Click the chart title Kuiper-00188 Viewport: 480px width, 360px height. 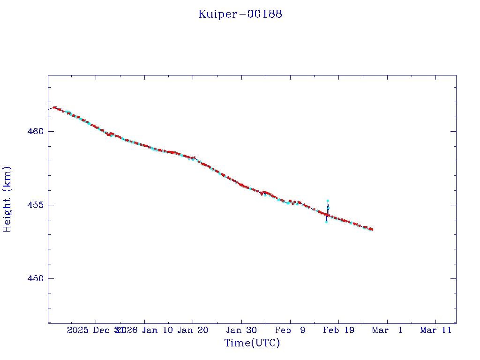tap(240, 14)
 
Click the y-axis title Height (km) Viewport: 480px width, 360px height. tap(7, 199)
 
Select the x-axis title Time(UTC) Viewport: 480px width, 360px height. tap(252, 343)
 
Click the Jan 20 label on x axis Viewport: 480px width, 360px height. tap(193, 330)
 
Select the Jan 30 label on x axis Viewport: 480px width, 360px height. tap(241, 330)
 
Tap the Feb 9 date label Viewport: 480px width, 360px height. tap(290, 330)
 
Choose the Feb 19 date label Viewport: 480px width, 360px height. tap(338, 330)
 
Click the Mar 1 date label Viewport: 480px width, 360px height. tap(387, 330)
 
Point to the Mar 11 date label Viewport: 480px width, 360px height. tap(435, 330)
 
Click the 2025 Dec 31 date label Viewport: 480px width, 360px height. tap(94, 330)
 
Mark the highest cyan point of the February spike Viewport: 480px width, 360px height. tap(328, 201)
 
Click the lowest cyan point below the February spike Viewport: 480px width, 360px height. tap(326, 222)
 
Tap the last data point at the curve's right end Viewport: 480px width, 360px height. tap(372, 229)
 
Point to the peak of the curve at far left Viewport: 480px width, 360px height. tap(54, 107)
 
